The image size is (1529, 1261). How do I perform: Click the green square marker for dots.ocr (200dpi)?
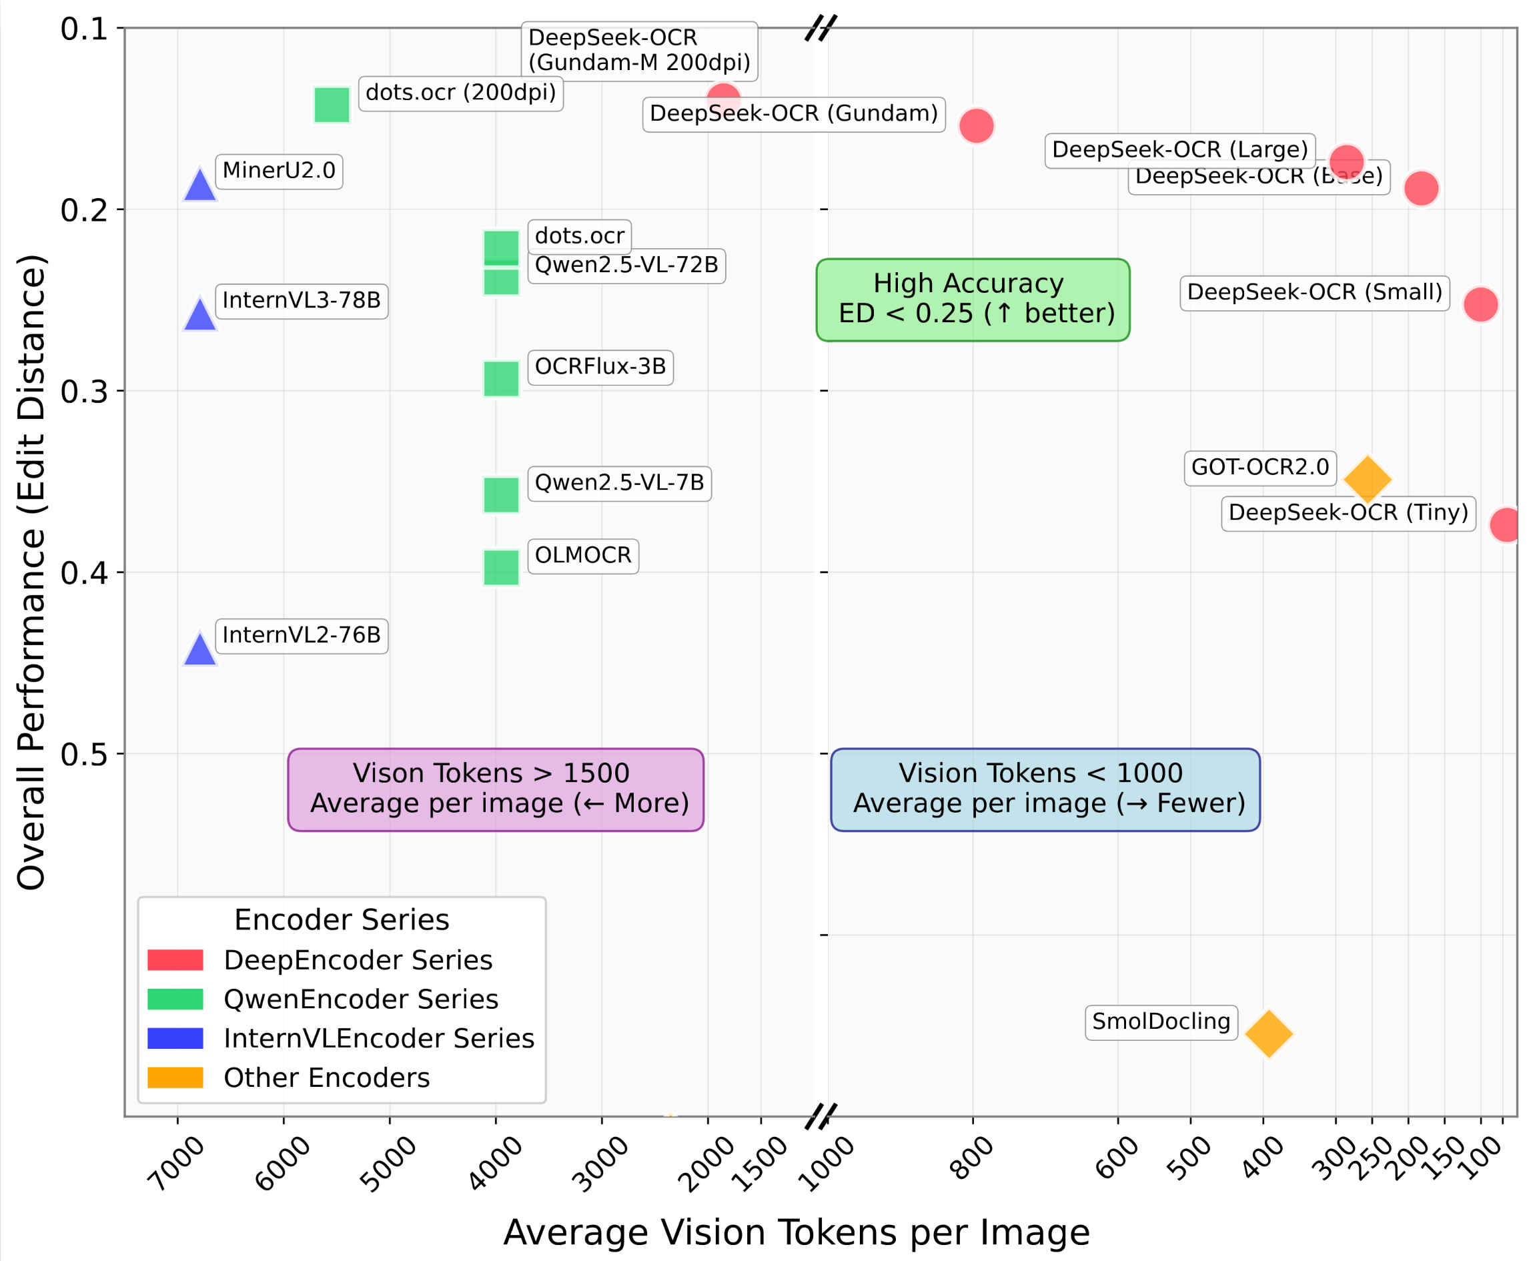click(332, 105)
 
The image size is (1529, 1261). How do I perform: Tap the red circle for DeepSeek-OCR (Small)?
click(1480, 304)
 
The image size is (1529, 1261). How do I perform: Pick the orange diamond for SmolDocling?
click(1268, 1033)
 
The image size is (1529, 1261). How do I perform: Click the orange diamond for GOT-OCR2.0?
click(1368, 480)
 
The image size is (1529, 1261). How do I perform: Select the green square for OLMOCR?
click(501, 567)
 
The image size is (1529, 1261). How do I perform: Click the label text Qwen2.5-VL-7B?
click(619, 483)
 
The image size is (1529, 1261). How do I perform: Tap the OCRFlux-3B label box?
click(600, 367)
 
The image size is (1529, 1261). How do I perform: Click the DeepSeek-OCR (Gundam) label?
click(793, 114)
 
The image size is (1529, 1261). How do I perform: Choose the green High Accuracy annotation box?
click(973, 300)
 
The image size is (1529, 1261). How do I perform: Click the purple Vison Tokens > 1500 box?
click(496, 789)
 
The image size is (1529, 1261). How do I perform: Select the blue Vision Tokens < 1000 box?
click(1045, 789)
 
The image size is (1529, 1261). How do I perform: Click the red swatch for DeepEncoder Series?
click(175, 960)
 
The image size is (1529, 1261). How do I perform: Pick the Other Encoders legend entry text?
click(326, 1078)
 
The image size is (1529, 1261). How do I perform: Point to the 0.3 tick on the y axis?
click(83, 392)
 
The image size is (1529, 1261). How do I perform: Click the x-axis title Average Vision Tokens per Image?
click(796, 1233)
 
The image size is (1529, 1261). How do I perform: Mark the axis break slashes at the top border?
click(821, 27)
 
